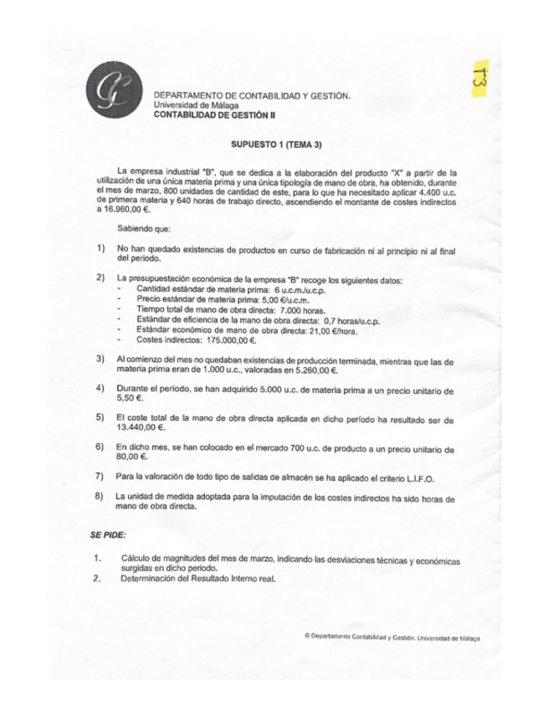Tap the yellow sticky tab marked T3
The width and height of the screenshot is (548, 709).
point(483,81)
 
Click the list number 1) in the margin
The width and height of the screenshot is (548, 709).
point(100,248)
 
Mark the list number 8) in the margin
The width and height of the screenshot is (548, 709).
point(100,497)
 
